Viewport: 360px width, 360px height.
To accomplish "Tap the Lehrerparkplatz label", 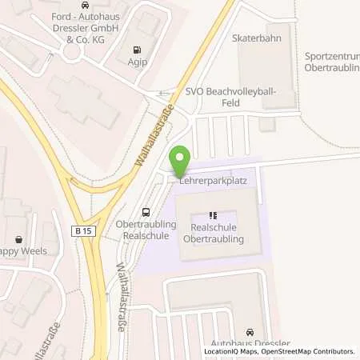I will click(x=212, y=182).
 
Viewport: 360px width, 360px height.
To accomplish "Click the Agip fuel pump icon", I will click(x=141, y=47).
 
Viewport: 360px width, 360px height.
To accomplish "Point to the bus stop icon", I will click(x=145, y=212).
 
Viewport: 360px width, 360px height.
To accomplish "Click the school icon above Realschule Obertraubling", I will click(x=213, y=214).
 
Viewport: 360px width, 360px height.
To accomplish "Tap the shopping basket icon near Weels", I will click(x=19, y=238).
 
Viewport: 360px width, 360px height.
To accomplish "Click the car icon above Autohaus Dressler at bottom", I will click(x=251, y=332).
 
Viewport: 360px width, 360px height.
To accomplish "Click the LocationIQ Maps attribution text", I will click(x=230, y=351).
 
